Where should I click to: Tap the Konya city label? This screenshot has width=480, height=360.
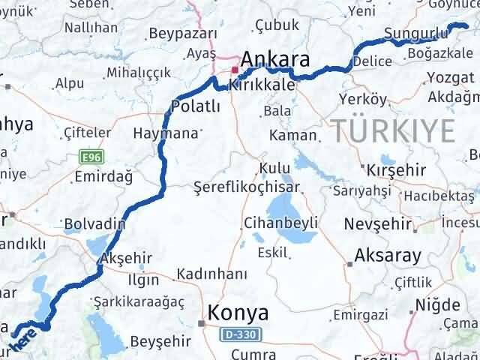coord(238,312)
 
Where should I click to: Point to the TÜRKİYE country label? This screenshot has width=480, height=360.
coord(393,131)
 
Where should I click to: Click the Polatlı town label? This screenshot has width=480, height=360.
coord(196,106)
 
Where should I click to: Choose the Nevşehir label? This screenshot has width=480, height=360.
coord(378,223)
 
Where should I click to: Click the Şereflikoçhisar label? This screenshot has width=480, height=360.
coord(246,187)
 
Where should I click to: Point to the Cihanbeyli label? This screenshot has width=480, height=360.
coord(281,223)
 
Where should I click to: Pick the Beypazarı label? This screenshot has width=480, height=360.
coord(183,33)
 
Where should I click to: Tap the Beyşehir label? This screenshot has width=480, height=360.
coord(157,342)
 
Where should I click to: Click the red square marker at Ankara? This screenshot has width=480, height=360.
coord(235,70)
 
